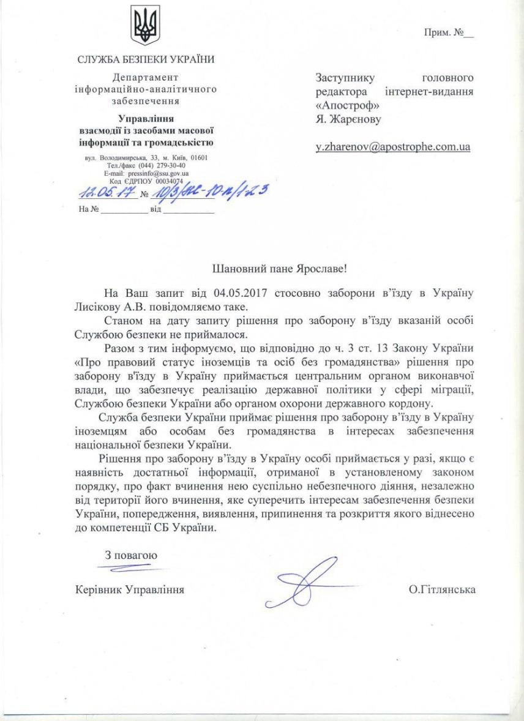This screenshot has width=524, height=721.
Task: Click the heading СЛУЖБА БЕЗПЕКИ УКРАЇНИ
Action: (146, 60)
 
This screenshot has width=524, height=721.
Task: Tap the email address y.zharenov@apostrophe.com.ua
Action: (392, 147)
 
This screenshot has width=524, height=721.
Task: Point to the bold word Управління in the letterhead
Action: (146, 119)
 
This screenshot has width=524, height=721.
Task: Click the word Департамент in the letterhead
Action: (146, 77)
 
